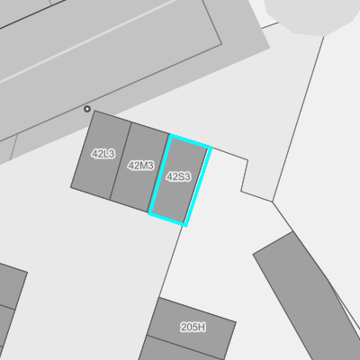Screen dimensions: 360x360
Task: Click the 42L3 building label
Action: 103,154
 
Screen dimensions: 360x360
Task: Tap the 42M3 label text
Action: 141,166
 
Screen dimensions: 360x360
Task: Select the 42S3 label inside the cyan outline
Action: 178,176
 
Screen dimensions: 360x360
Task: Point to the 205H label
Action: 193,327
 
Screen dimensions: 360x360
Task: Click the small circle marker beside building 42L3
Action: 87,109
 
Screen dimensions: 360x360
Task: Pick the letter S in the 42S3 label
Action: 180,176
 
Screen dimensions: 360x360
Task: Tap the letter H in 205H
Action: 202,327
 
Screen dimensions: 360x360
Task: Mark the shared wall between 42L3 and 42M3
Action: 121,161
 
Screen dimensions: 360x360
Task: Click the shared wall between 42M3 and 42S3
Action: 159,173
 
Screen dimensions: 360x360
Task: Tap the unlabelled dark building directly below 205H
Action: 180,349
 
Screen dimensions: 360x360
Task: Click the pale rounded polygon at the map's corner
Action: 312,15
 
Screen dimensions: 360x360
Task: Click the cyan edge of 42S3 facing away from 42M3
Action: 198,186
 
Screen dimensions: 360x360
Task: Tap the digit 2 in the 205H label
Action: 184,327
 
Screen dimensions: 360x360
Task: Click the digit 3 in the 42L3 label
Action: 112,154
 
